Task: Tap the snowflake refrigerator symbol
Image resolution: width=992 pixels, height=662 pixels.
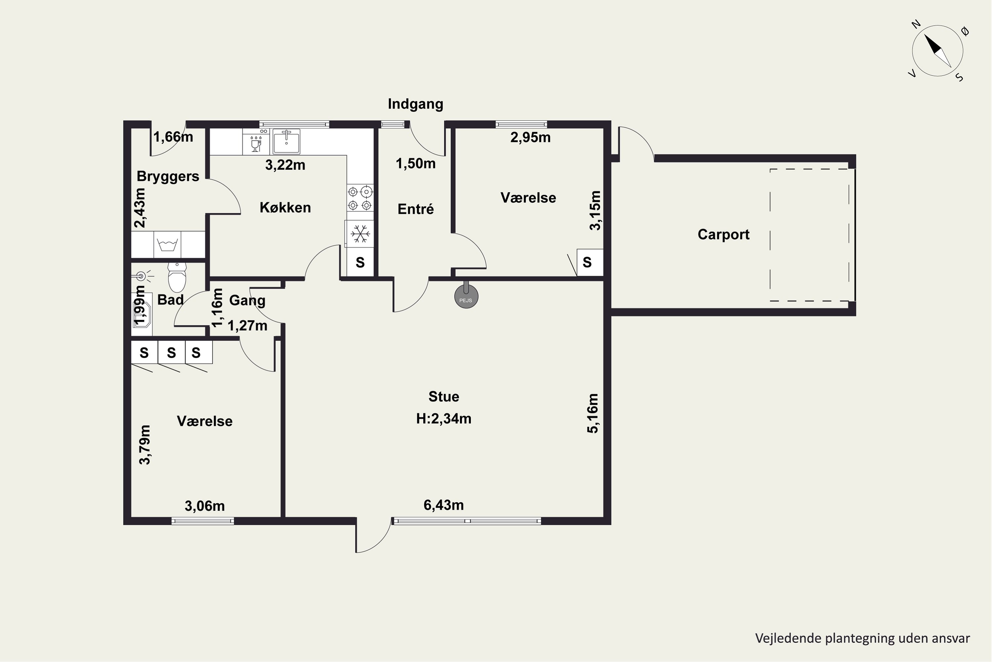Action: pyautogui.click(x=360, y=233)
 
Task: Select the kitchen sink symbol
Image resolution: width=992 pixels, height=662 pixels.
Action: pyautogui.click(x=286, y=141)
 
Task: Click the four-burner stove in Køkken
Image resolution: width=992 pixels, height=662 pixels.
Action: pyautogui.click(x=360, y=198)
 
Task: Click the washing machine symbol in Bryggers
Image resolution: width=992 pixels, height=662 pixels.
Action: pyautogui.click(x=167, y=245)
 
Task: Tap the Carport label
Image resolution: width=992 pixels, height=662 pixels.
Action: pyautogui.click(x=723, y=234)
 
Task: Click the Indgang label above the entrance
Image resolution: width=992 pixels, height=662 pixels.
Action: pyautogui.click(x=415, y=104)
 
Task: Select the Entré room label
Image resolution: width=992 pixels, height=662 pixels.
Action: pyautogui.click(x=415, y=209)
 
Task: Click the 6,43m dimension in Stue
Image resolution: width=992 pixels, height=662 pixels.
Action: pyautogui.click(x=444, y=505)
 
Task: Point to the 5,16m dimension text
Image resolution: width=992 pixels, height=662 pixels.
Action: pyautogui.click(x=593, y=413)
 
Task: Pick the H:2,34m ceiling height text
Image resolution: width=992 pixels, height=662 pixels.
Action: pyautogui.click(x=444, y=419)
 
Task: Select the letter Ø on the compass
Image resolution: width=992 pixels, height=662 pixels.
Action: pyautogui.click(x=965, y=31)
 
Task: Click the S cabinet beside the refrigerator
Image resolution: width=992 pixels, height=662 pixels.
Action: pyautogui.click(x=360, y=262)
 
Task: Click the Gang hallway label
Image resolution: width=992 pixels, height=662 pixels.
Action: pyautogui.click(x=247, y=301)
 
